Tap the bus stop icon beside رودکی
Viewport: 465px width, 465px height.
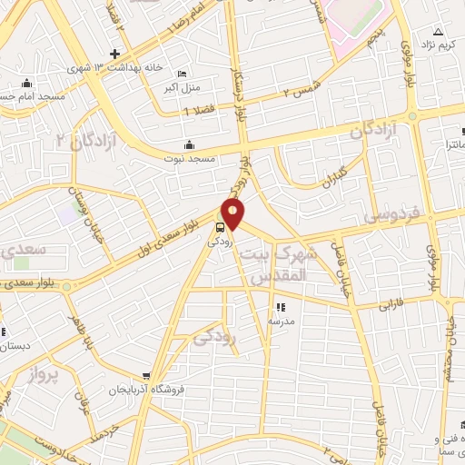tap(221, 227)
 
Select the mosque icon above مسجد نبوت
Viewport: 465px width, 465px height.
tap(189, 144)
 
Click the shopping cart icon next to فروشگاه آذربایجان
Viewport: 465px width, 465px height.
tap(146, 375)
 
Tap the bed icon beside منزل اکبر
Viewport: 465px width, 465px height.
tap(183, 74)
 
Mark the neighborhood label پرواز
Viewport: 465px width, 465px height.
tap(41, 375)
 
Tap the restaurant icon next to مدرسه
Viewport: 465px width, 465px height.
tap(280, 307)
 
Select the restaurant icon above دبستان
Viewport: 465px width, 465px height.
tap(3, 332)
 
